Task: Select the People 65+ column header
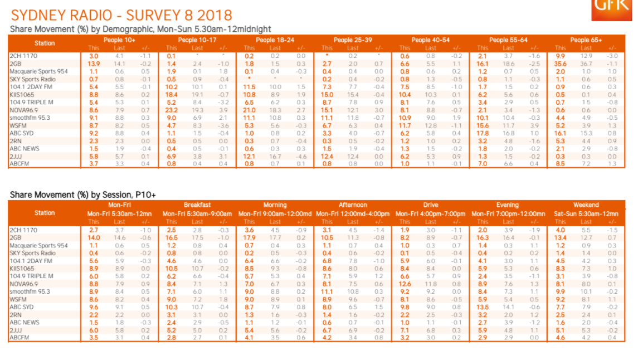tap(585, 40)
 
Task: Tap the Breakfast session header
tap(197, 205)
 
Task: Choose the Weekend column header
tap(586, 205)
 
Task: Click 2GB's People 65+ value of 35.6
tap(561, 64)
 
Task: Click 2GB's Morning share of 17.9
tap(250, 237)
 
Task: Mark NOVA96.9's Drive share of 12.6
tap(405, 283)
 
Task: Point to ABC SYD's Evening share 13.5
tap(483, 307)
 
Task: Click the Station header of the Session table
tap(45, 212)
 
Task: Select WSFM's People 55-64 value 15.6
tap(483, 126)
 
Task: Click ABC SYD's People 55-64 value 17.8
tap(483, 134)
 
